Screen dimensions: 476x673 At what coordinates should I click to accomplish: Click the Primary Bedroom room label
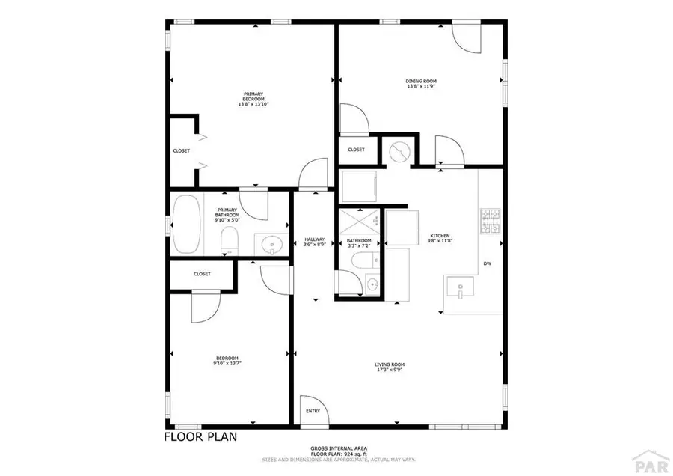253,98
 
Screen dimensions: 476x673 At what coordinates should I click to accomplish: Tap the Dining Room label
421,83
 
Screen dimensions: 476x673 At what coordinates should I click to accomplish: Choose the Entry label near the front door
313,410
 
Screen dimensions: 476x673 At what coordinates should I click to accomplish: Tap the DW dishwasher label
487,263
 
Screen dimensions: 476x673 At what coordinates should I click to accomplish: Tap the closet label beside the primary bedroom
182,150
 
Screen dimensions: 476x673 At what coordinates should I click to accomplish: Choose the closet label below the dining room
356,150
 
